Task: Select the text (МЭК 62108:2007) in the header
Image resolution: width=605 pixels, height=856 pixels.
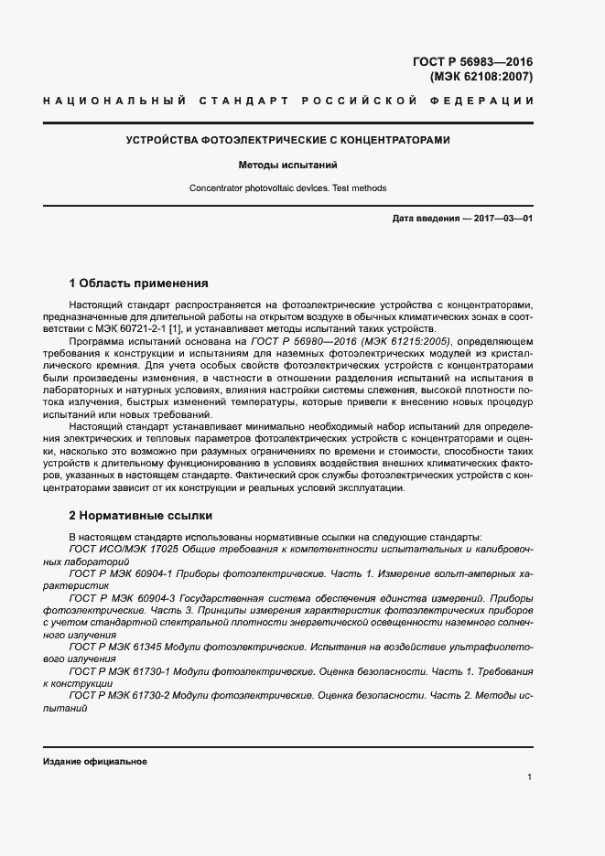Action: coord(481,77)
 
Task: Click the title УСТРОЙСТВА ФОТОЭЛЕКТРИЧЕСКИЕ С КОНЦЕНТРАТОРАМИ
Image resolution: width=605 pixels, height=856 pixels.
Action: coord(287,141)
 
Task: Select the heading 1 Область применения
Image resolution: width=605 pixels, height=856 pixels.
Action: coord(139,284)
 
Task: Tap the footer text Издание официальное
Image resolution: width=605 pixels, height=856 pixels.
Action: coord(95,762)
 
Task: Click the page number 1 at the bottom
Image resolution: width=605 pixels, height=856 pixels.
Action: coord(529,777)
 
